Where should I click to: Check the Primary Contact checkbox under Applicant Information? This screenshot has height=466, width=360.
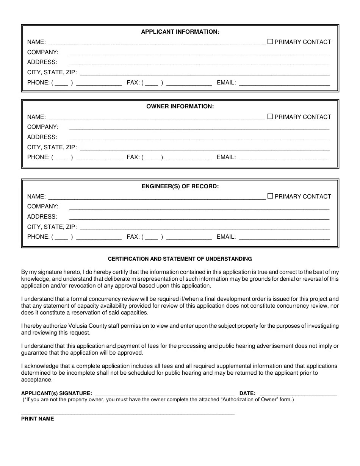270,42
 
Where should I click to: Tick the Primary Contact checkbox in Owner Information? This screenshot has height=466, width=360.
270,117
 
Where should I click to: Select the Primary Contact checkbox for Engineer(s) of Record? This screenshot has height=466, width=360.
270,196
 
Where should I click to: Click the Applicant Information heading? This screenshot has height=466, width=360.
180,32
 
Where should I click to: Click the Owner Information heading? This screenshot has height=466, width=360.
180,106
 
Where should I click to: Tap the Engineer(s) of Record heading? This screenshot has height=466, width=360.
180,186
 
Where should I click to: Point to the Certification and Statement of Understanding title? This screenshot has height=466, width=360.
180,259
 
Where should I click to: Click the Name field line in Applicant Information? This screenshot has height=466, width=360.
157,42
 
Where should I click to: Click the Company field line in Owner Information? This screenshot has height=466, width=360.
199,128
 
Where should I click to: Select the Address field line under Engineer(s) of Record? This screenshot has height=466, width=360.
199,217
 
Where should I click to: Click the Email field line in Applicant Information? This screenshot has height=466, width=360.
284,83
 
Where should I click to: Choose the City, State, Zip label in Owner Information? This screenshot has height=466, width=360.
52,147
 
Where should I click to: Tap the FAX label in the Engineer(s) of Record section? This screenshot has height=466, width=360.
133,237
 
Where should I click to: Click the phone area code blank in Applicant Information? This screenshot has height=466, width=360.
61,83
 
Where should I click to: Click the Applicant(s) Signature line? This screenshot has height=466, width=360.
165,394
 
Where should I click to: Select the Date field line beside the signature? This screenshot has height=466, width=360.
298,394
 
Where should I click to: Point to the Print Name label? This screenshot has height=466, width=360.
38,419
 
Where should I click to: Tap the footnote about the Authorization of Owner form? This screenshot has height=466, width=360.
158,400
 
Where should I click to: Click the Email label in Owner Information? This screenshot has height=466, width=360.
226,157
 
